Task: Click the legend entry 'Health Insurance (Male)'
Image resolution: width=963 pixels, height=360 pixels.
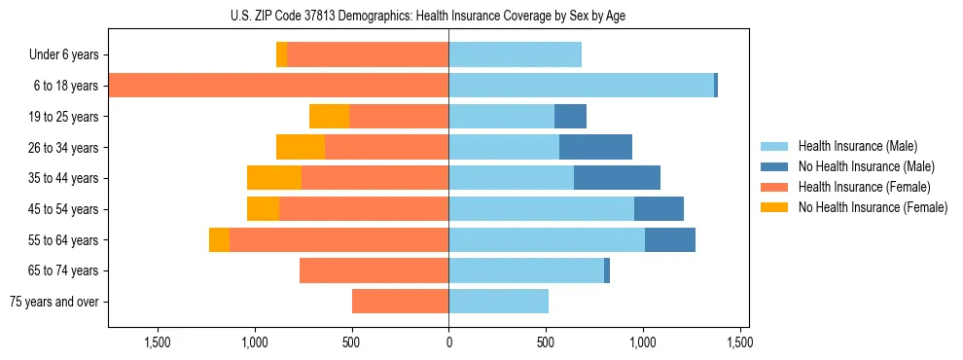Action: tap(857, 146)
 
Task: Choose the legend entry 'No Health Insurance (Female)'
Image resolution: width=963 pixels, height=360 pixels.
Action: tap(873, 207)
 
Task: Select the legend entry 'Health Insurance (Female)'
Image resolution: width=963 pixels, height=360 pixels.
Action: tap(864, 187)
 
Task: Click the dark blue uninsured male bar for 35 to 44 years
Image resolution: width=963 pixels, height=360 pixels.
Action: tap(617, 178)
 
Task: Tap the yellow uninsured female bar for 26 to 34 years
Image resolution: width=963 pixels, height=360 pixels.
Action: tap(301, 147)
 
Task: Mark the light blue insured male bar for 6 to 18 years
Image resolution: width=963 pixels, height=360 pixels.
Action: tap(581, 86)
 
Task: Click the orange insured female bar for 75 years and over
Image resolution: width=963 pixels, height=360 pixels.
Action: tap(400, 302)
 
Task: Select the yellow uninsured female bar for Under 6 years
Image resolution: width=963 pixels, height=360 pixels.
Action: tap(281, 55)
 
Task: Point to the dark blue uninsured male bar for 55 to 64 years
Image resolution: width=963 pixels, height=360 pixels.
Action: tap(669, 239)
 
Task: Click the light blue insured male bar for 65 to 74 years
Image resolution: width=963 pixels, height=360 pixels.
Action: tap(526, 270)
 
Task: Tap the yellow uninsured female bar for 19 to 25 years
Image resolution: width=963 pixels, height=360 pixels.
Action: tap(329, 117)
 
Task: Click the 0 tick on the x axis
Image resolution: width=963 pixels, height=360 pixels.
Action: tap(448, 342)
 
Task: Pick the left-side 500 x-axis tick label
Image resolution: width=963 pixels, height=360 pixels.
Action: tap(351, 342)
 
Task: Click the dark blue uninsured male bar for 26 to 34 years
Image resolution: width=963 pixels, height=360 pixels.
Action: tap(595, 147)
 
